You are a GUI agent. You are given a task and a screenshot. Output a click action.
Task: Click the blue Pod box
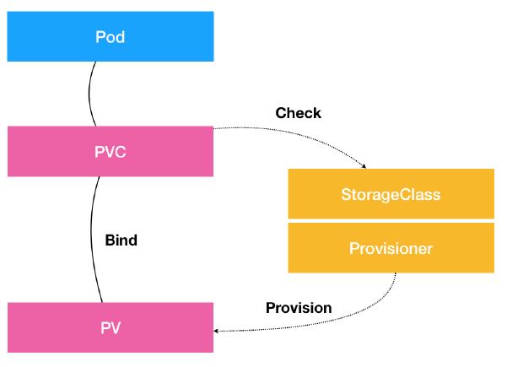[111, 36]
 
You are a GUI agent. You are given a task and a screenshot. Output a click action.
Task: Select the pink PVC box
[111, 151]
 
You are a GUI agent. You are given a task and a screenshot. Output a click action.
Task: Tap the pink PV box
[111, 327]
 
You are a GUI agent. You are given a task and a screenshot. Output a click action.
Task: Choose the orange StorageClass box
[391, 194]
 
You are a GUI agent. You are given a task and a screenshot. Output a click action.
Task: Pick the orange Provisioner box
[391, 248]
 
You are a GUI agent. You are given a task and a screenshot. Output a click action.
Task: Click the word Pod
[110, 37]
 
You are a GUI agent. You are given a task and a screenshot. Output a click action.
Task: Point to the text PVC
[111, 152]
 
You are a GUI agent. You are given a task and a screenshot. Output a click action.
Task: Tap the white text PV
[111, 328]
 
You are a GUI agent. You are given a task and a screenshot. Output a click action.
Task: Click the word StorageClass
[391, 195]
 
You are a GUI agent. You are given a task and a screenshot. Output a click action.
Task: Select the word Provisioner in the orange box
[391, 248]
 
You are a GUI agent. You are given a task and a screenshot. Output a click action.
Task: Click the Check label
[298, 113]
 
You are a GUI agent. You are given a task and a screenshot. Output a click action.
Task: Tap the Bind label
[121, 240]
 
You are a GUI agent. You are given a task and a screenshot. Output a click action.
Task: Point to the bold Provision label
[299, 307]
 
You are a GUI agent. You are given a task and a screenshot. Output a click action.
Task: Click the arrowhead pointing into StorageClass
[364, 166]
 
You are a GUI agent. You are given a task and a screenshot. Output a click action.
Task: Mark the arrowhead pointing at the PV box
[216, 331]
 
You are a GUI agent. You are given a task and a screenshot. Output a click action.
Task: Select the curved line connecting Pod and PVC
[89, 94]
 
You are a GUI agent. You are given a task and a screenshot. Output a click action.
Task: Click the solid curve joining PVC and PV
[91, 240]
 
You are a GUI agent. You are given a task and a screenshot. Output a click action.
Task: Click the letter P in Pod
[100, 37]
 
